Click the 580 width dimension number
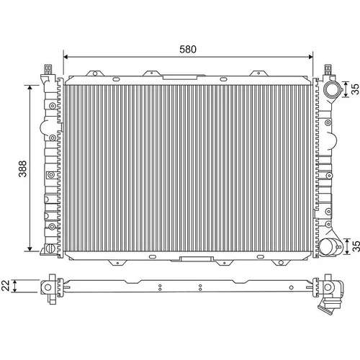188,49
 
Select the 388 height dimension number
23,168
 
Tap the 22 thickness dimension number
6,286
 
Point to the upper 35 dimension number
356,89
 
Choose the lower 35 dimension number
356,246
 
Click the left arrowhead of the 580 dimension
66,57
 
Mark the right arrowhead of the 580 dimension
310,57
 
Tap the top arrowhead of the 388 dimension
30,87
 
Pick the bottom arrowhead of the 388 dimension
30,248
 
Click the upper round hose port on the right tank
331,89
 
